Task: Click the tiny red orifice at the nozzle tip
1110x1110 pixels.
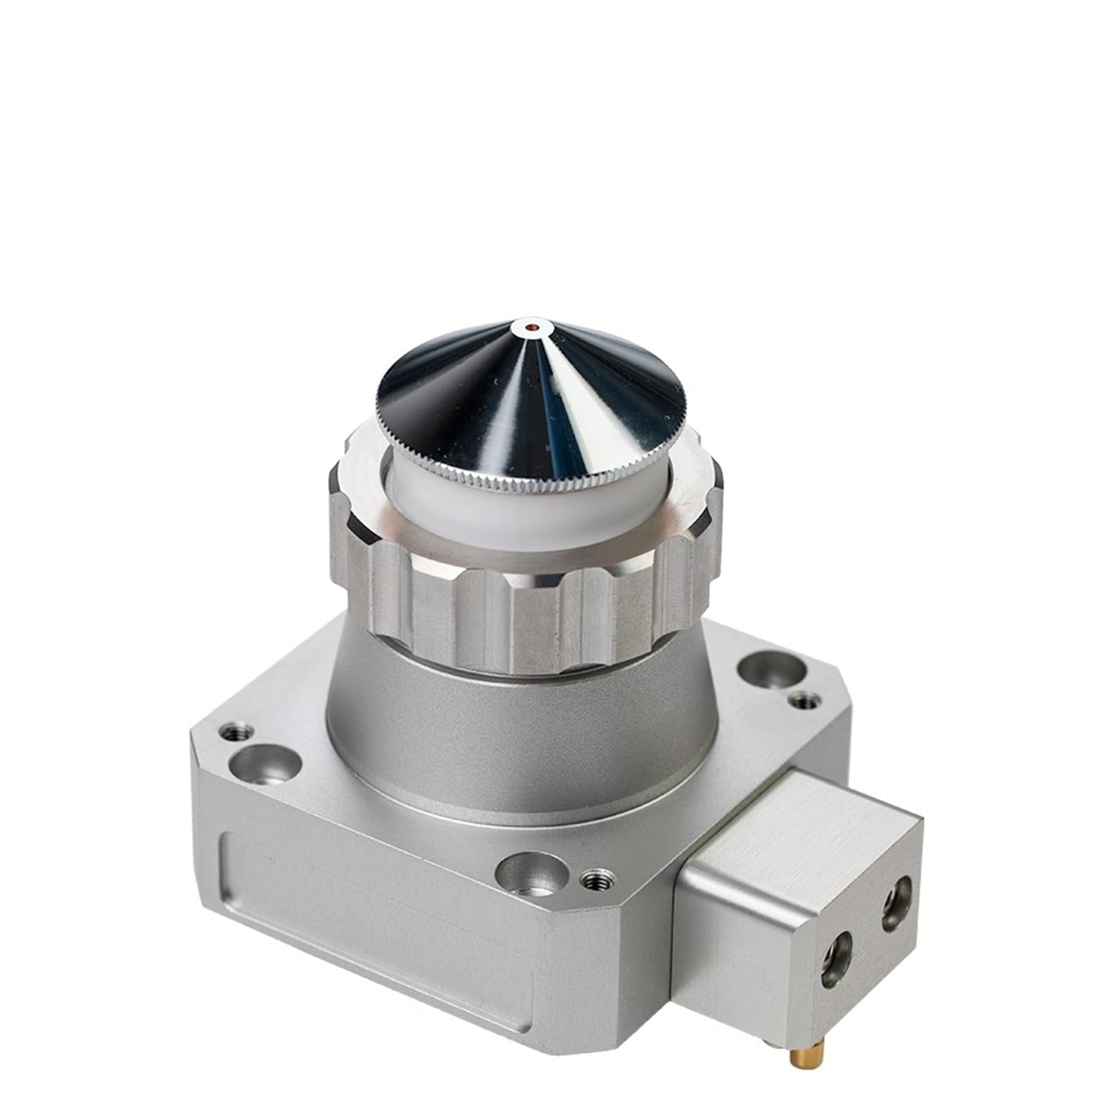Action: (531, 325)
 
